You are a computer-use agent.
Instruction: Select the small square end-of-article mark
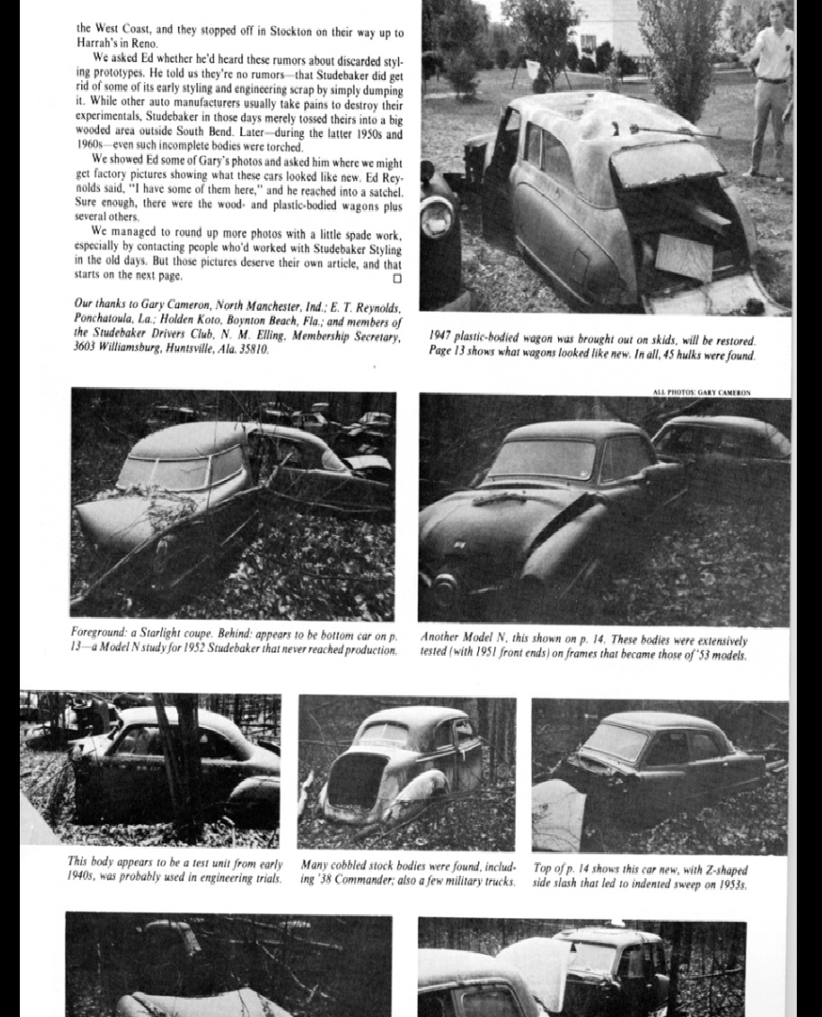tap(398, 276)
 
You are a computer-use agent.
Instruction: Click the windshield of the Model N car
tap(542, 459)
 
